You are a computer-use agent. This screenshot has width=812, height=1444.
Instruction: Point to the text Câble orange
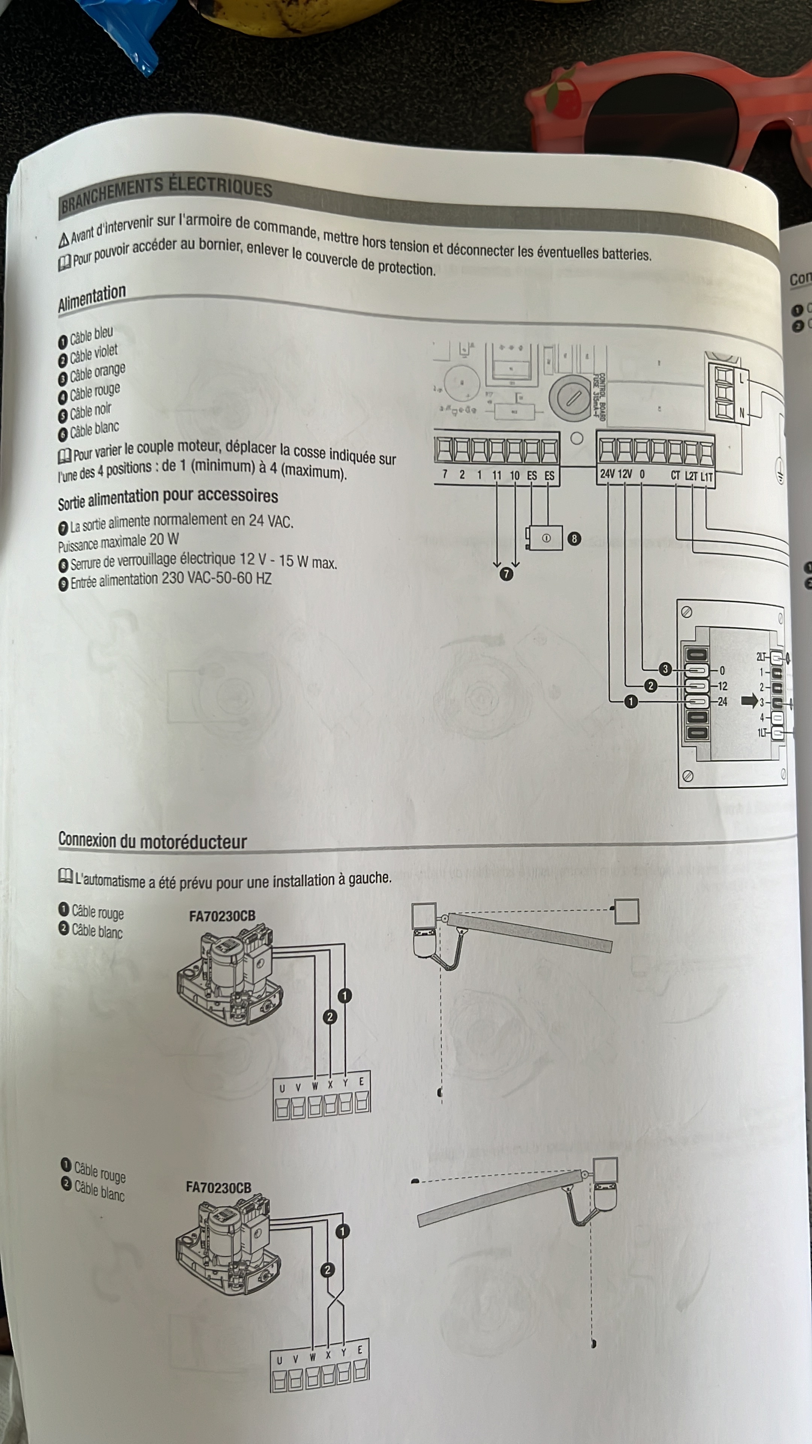97,373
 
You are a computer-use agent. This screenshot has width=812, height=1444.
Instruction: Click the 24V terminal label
607,474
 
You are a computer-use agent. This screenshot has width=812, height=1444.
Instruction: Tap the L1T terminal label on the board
707,477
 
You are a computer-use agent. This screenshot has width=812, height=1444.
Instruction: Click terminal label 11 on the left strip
497,475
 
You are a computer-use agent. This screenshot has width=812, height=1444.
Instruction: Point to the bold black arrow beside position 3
749,701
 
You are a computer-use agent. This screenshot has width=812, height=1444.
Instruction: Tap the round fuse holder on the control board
571,398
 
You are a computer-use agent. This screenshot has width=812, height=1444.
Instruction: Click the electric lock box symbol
545,538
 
